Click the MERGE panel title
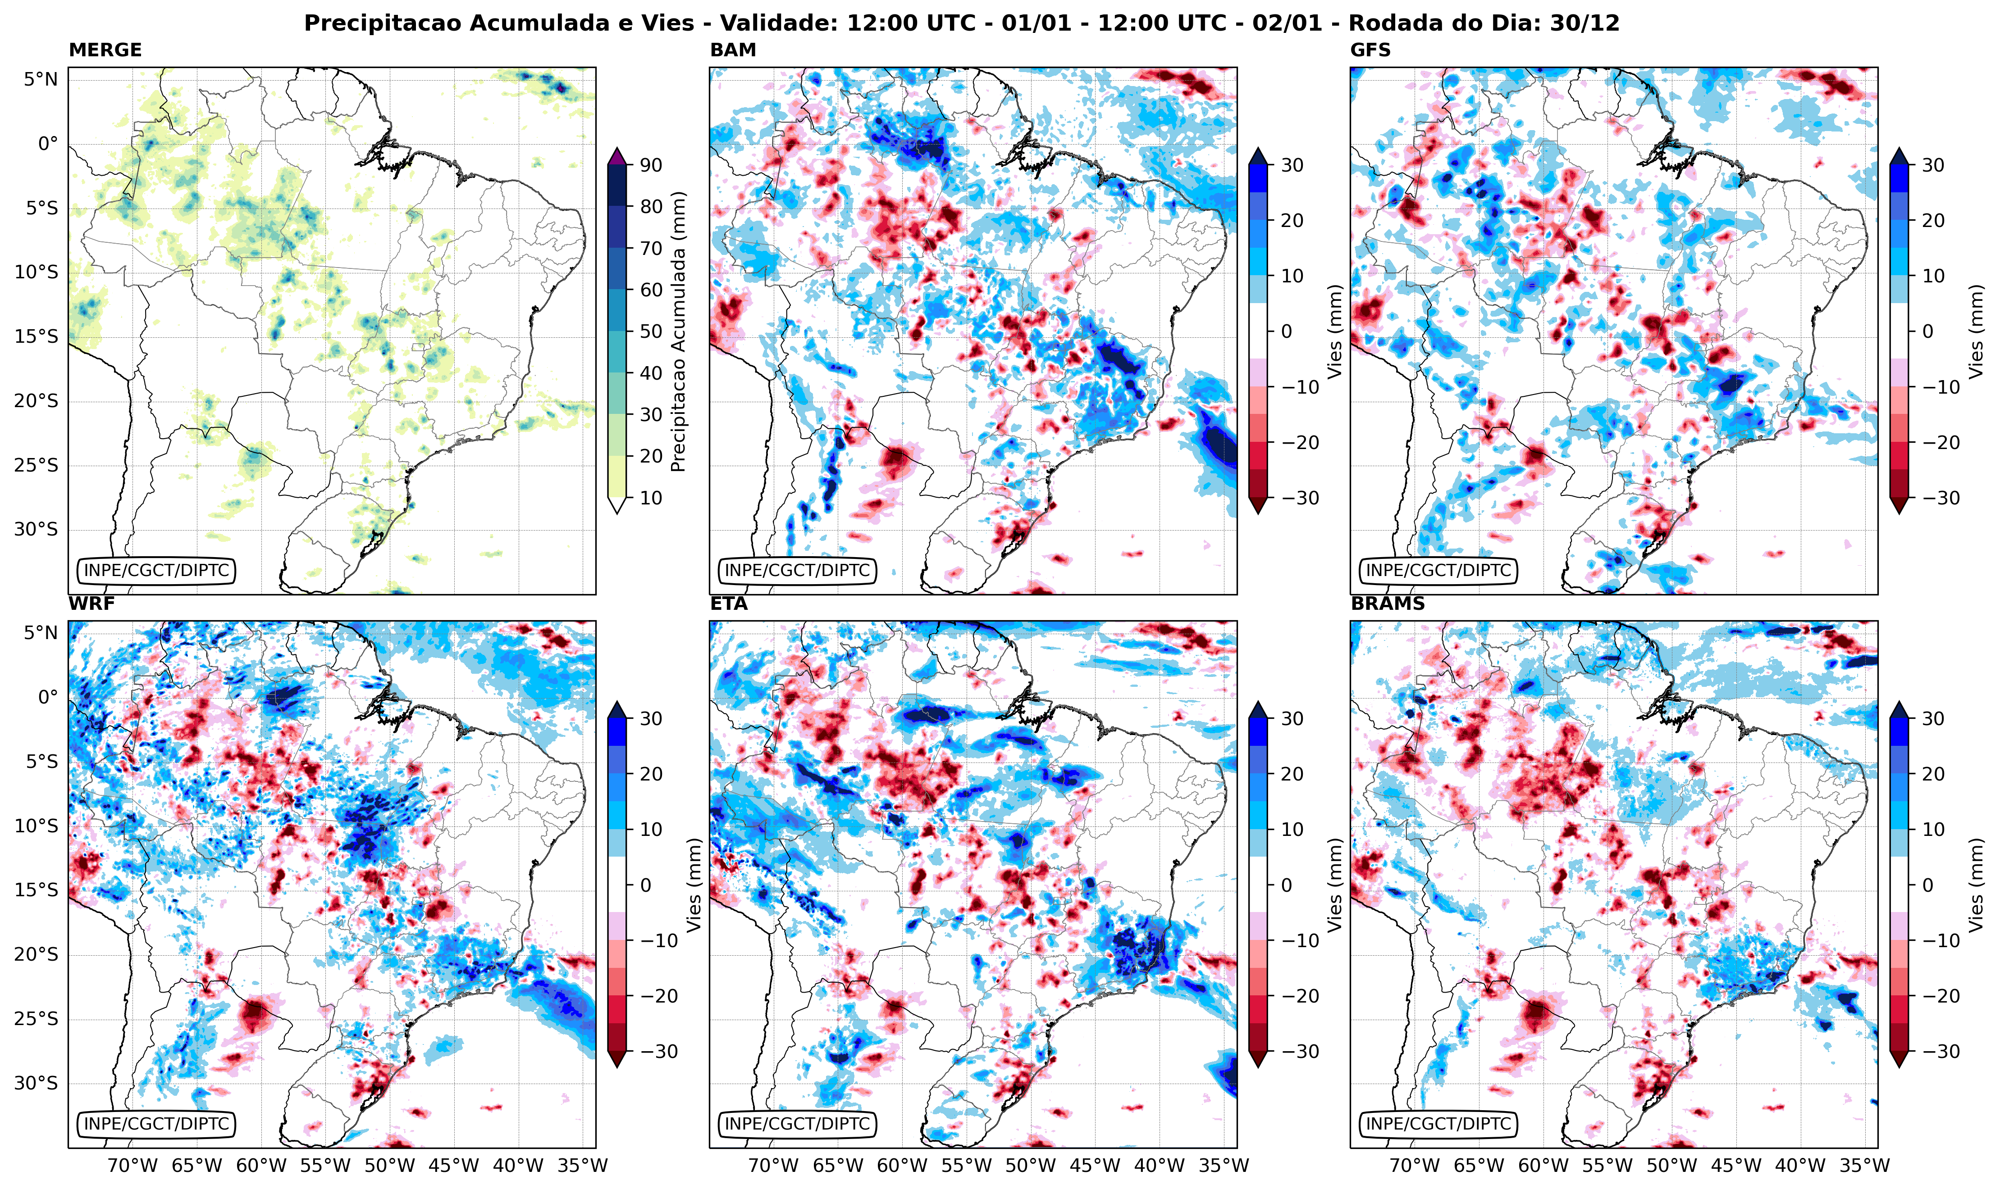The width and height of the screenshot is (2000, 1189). point(105,50)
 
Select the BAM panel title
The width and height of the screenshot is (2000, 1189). point(733,50)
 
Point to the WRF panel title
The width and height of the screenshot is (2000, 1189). point(91,604)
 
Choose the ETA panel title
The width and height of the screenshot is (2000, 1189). point(729,604)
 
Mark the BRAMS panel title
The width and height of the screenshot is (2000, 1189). point(1388,604)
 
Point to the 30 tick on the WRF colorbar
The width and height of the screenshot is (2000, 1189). point(651,719)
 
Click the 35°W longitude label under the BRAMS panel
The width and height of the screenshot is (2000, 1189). point(1864,1166)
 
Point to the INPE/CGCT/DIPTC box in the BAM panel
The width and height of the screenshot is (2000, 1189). point(797,571)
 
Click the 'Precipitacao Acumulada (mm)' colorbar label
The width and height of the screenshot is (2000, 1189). point(678,331)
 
